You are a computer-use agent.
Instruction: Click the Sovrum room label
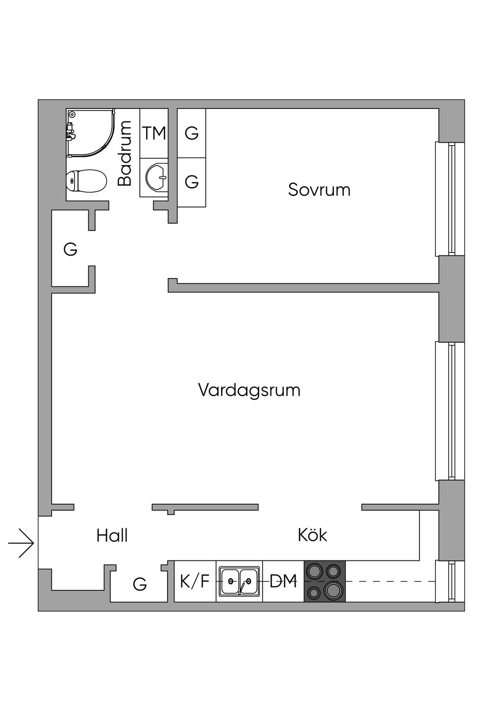click(x=319, y=190)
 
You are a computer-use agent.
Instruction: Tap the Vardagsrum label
click(x=249, y=390)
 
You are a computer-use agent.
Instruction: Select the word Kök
click(x=312, y=535)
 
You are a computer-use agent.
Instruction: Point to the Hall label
click(x=112, y=535)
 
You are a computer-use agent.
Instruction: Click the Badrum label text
click(x=125, y=153)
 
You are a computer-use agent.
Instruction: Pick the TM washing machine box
click(x=154, y=133)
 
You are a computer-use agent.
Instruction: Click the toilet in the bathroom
click(x=86, y=180)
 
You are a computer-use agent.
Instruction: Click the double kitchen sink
click(x=239, y=582)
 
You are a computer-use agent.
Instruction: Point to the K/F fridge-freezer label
click(x=195, y=582)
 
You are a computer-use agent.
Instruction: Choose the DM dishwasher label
click(x=283, y=582)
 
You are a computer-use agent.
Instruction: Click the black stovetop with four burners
click(x=325, y=582)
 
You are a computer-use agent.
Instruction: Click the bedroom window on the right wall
click(x=450, y=199)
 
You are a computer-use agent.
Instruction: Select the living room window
click(x=450, y=411)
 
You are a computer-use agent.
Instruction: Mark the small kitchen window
click(x=450, y=582)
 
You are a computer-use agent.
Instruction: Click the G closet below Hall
click(x=140, y=584)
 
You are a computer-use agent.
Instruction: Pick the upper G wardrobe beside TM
click(x=191, y=133)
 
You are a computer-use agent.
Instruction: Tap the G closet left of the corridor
click(x=71, y=250)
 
